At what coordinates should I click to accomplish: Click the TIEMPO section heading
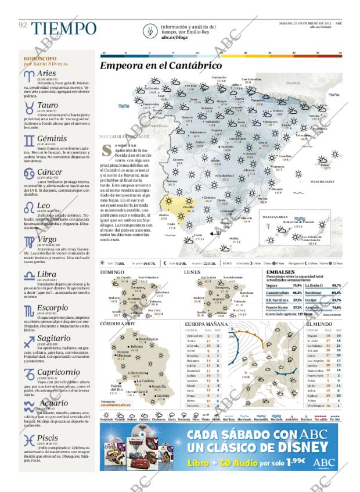click(x=64, y=28)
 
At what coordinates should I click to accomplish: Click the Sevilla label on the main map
click(x=189, y=206)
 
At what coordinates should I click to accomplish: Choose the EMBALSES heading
click(x=280, y=272)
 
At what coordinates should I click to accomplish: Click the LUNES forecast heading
click(x=192, y=272)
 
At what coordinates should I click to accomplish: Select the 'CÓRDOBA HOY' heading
click(x=118, y=323)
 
